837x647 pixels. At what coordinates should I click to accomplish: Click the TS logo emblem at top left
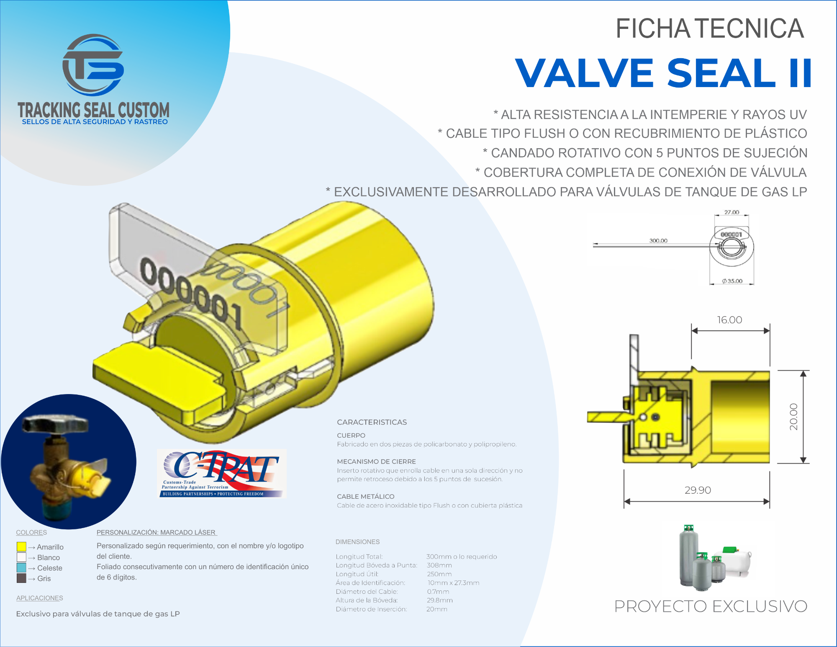pos(93,65)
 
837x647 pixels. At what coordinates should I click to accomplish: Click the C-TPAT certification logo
pos(222,473)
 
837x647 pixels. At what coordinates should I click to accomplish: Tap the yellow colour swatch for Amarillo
pos(21,546)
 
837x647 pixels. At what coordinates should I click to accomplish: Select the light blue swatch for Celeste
pos(21,567)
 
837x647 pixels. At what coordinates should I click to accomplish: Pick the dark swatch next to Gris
pos(21,578)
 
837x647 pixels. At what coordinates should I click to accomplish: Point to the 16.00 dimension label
pos(729,320)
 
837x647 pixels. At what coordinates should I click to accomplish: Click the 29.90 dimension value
pos(698,490)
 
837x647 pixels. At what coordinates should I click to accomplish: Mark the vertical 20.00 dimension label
pos(793,417)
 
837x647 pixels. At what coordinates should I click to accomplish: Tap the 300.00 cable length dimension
pos(658,240)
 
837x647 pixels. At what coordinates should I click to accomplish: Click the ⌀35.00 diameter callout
pos(732,281)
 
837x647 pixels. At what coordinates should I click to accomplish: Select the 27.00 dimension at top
pos(732,212)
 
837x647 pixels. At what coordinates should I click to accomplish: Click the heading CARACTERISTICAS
pos(372,422)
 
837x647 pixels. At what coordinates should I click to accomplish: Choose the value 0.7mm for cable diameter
pos(438,592)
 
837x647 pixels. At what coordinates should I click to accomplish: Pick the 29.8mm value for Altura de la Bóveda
pos(440,600)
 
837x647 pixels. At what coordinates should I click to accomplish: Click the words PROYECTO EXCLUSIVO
pos(711,606)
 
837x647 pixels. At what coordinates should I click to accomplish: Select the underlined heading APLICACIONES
pos(40,598)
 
